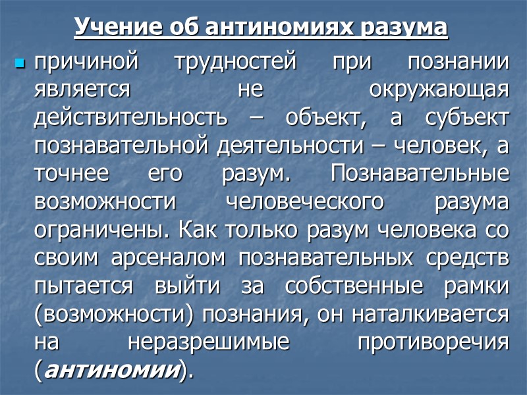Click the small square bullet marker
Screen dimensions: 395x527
pos(20,64)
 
